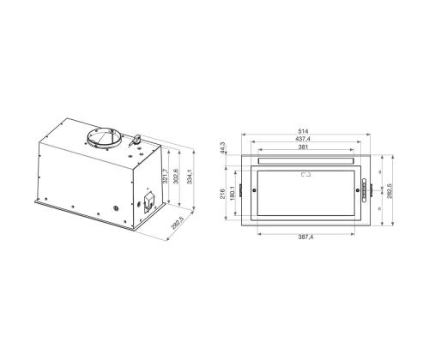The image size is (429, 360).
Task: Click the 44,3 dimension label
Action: click(x=222, y=149)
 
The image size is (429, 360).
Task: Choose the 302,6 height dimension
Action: click(x=178, y=177)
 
